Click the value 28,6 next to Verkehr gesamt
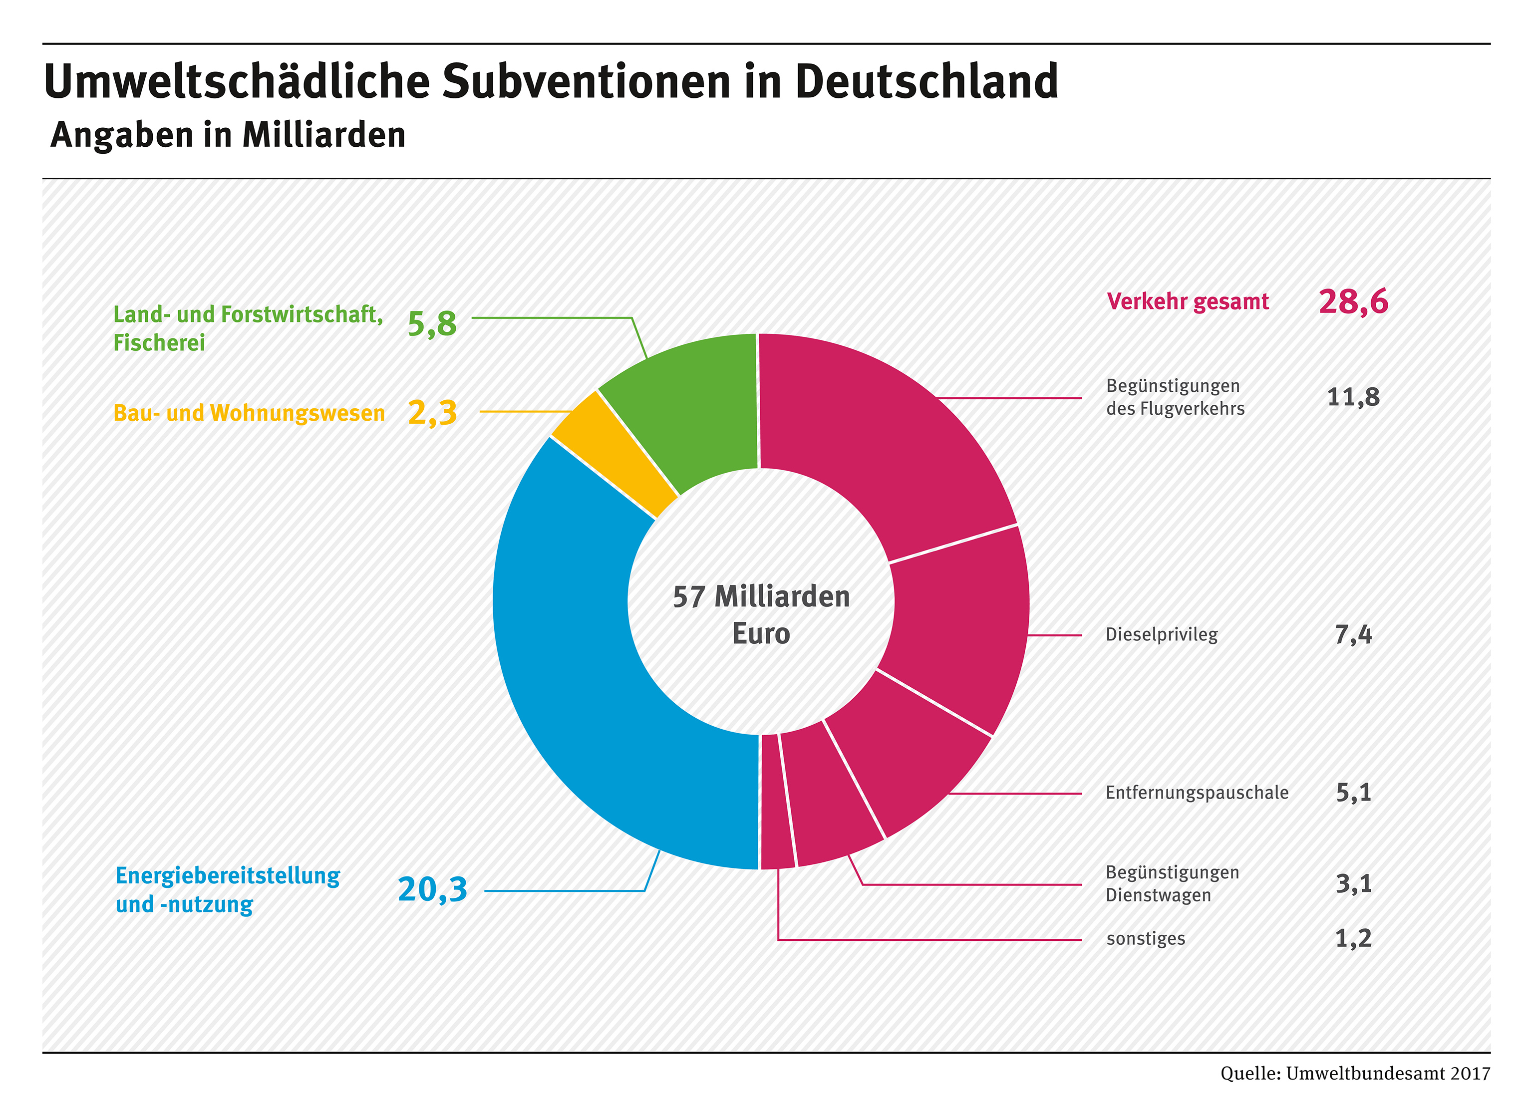pos(1353,301)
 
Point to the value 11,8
pos(1353,397)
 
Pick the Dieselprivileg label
pos(1161,635)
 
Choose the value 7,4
pos(1353,635)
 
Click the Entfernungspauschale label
pos(1196,793)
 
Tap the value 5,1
pos(1353,793)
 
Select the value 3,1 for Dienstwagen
pos(1353,883)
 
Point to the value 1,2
pos(1353,938)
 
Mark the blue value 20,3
pos(432,889)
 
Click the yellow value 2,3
pos(432,412)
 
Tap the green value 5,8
pos(432,324)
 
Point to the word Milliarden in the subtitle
pos(324,135)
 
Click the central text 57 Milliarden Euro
pos(761,614)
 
